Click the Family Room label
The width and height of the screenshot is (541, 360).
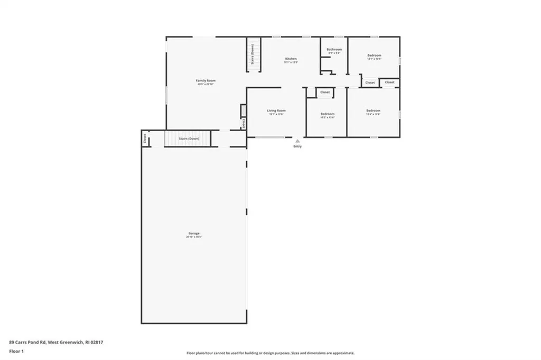(206, 80)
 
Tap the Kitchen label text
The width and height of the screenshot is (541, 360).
(291, 59)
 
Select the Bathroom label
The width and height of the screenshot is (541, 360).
(334, 50)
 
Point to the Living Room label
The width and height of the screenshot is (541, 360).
(276, 110)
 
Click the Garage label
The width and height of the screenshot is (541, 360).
(194, 233)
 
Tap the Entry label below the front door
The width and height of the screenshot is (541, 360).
(298, 146)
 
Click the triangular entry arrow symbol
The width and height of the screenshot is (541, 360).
(298, 141)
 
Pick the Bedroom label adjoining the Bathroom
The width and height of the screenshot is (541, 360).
(374, 56)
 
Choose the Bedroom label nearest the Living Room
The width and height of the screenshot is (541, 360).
(328, 114)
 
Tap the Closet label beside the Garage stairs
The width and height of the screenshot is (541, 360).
(144, 139)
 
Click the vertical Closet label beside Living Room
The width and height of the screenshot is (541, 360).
(244, 123)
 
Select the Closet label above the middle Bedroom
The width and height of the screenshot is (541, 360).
(325, 92)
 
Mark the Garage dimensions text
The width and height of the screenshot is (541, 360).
(194, 237)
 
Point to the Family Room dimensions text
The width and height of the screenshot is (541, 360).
(206, 84)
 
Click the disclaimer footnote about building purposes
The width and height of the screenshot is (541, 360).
(270, 353)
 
